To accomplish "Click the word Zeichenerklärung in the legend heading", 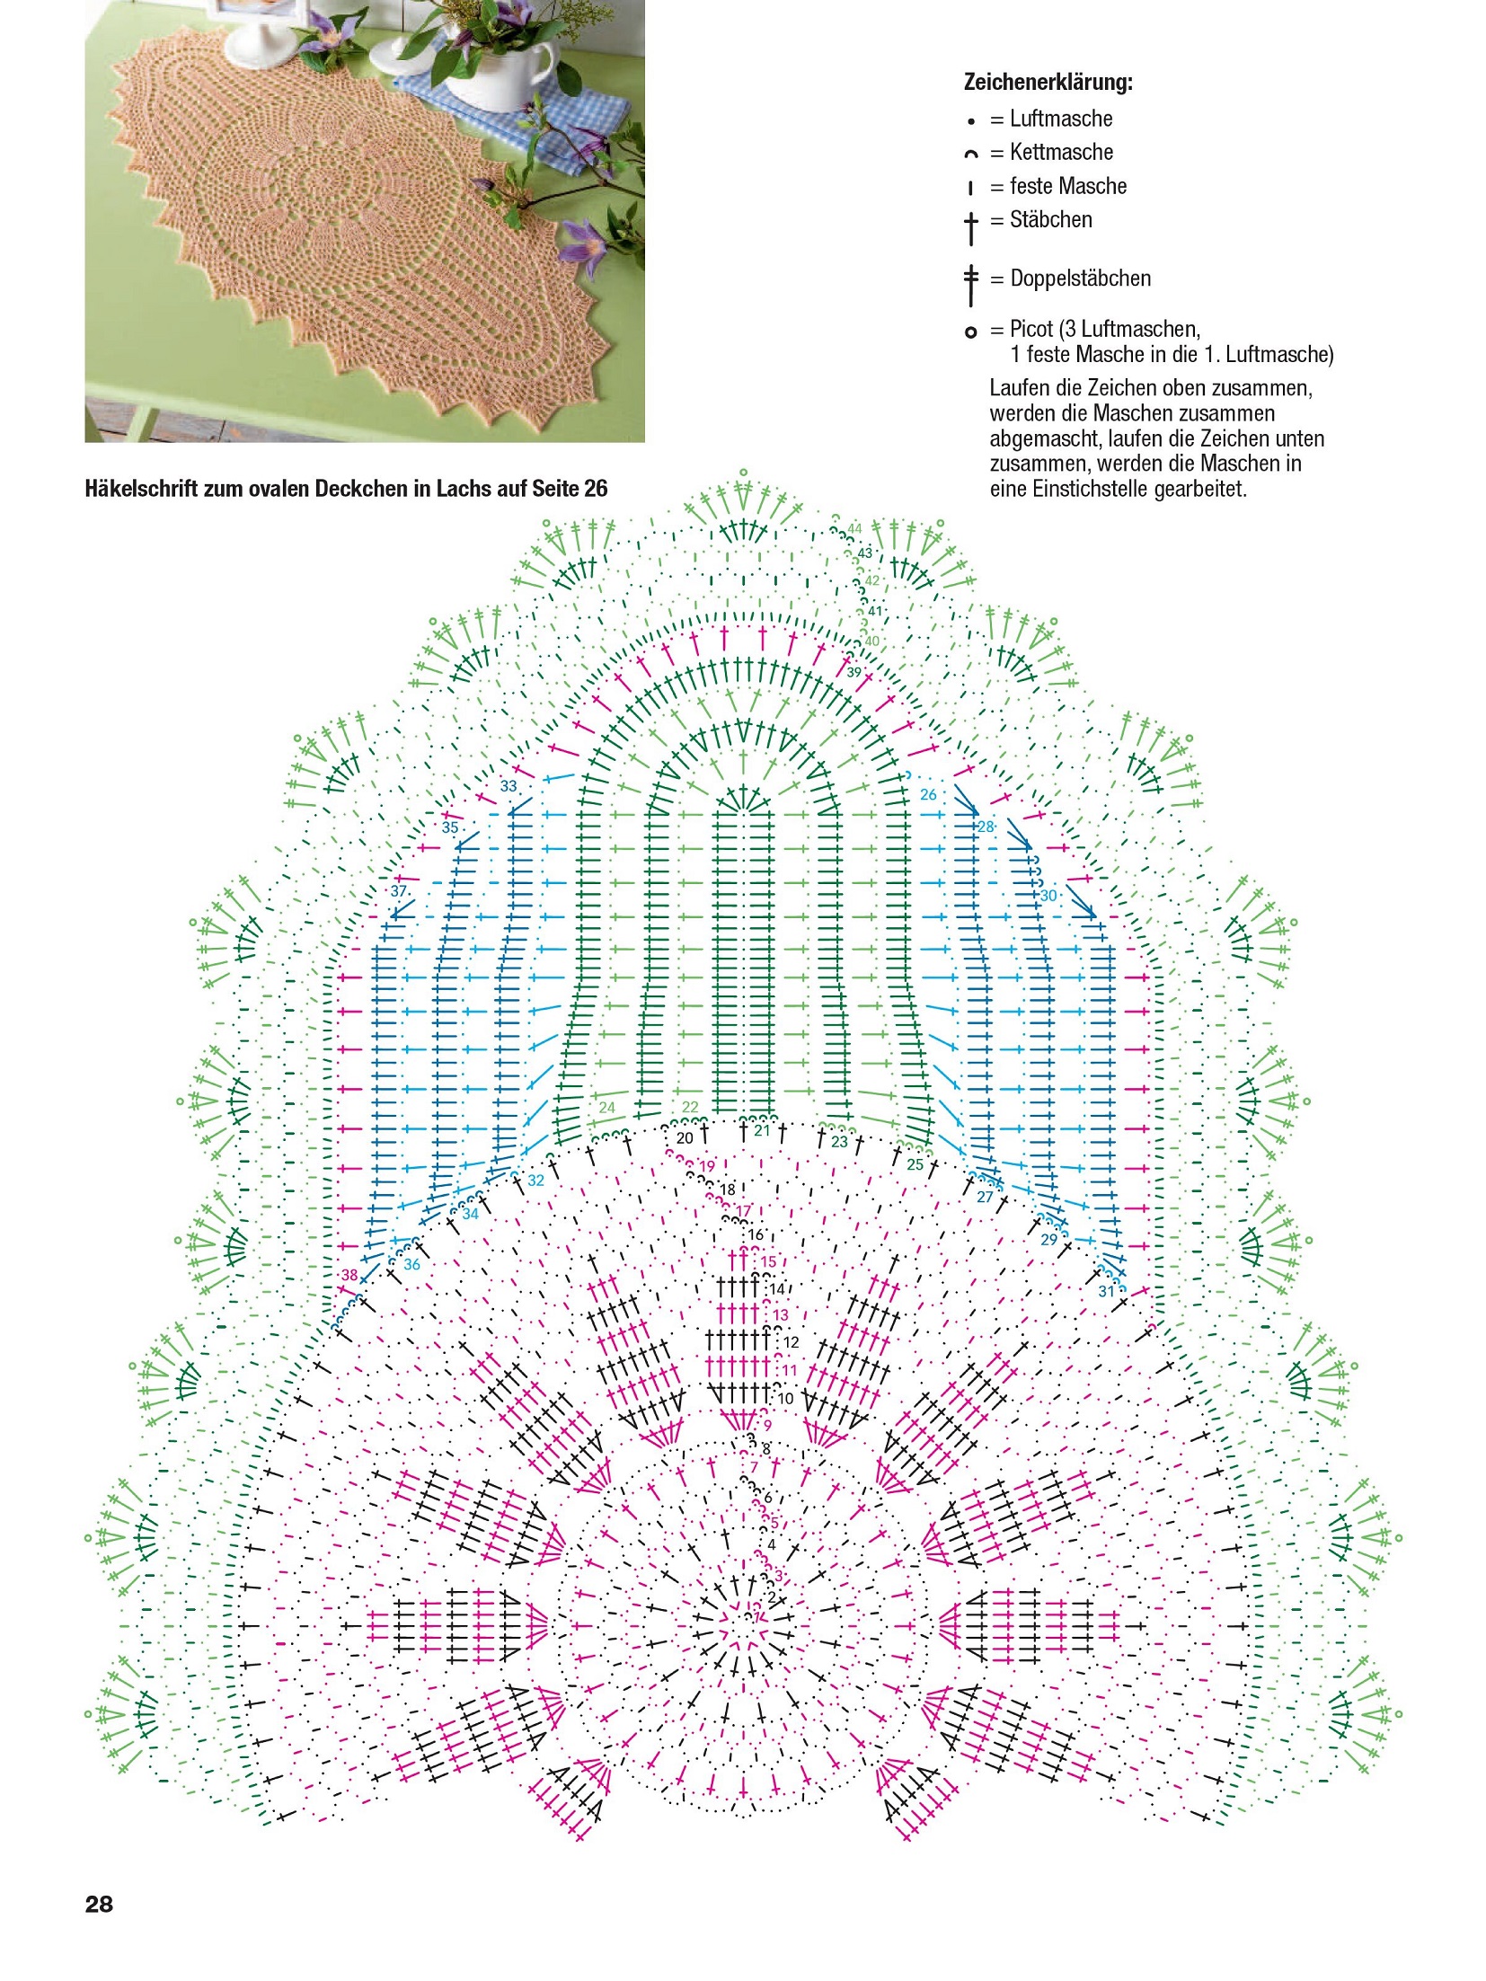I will click(x=1047, y=82).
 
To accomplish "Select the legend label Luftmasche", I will click(x=1060, y=119).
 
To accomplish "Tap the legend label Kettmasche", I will click(x=1060, y=152).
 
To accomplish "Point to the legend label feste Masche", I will click(x=1067, y=186).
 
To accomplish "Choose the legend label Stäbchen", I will click(x=1050, y=219).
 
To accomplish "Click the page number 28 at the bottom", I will click(x=99, y=1904).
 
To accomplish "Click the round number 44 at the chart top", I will click(x=854, y=528).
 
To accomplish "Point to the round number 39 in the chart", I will click(x=854, y=672).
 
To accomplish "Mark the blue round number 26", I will click(x=928, y=794).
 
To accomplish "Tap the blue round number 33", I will click(x=509, y=786).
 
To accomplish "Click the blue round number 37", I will click(x=399, y=891).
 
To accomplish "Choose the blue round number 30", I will click(x=1048, y=896).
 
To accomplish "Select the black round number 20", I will click(x=685, y=1138).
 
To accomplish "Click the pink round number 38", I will click(x=349, y=1275).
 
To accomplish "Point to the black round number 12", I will click(x=791, y=1342).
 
